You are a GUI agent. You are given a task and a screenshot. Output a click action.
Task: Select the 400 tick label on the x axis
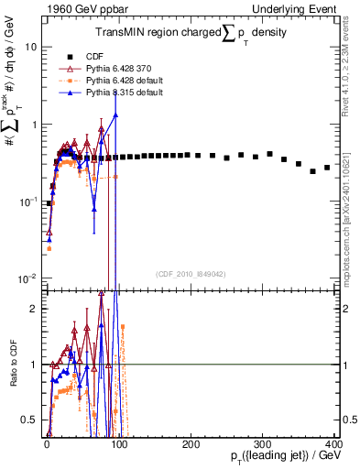click(334, 444)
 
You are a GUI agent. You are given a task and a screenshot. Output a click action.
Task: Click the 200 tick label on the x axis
click(191, 444)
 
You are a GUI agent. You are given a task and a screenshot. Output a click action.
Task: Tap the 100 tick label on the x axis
click(118, 444)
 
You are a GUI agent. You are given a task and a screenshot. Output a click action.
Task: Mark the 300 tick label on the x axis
click(263, 444)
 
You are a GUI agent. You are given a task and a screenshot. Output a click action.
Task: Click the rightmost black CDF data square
click(327, 168)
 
